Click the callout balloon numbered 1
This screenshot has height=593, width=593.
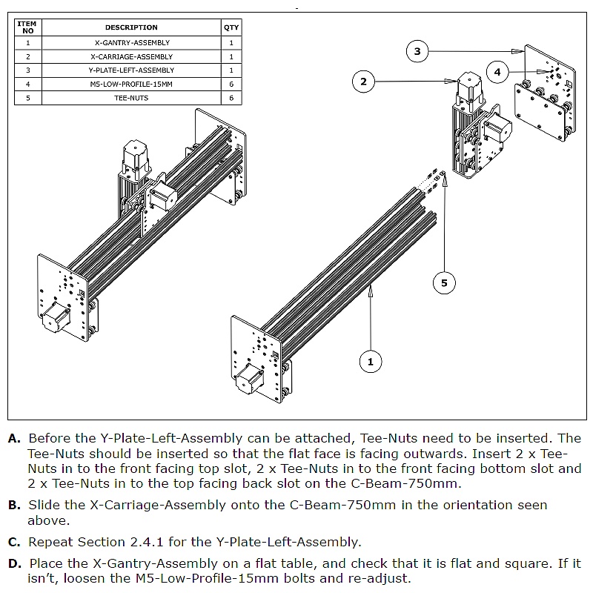370,362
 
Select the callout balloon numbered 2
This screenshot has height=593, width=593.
363,82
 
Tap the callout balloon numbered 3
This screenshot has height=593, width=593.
417,51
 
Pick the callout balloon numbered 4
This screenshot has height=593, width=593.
497,72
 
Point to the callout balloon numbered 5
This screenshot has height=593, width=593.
444,282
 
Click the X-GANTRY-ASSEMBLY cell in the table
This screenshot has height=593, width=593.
131,43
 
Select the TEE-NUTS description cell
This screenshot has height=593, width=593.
131,98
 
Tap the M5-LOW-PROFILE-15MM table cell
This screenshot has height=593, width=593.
131,84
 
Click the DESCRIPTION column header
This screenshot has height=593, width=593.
131,27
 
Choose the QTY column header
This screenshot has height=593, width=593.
231,27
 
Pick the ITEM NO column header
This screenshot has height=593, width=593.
27,27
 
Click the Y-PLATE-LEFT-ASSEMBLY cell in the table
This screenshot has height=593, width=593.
131,70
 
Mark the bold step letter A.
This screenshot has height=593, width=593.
14,439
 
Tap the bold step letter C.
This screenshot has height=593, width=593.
14,542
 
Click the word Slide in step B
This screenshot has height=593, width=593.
44,505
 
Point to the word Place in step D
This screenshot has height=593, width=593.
45,564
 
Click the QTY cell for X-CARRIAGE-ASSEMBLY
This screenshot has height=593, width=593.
231,56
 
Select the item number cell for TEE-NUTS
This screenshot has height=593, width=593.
27,98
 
